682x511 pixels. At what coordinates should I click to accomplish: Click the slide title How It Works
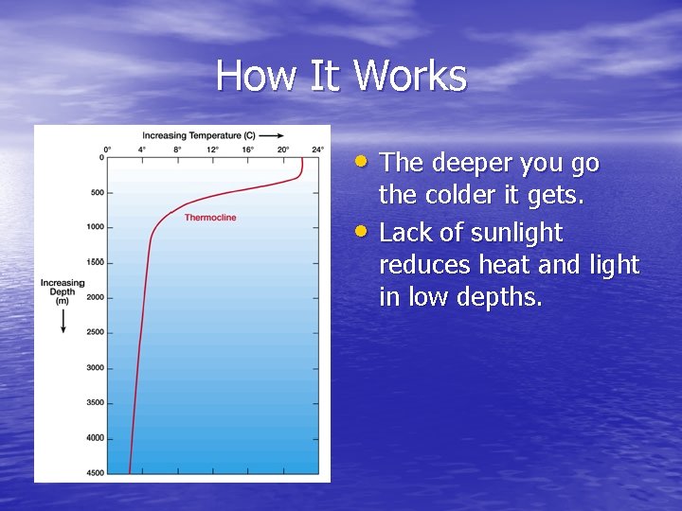point(341,76)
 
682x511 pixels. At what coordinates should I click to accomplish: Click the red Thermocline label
point(210,218)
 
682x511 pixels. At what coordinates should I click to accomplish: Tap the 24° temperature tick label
point(318,149)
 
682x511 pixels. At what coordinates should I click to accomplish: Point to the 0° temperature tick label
point(107,149)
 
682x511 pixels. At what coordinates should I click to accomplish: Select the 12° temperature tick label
point(213,149)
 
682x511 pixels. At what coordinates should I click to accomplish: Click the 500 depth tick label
point(96,193)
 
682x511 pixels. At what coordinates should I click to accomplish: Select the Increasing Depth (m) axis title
point(63,291)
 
